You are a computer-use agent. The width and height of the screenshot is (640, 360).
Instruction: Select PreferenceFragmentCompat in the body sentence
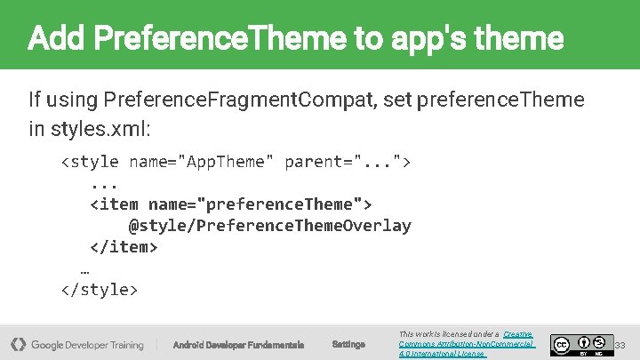(240, 99)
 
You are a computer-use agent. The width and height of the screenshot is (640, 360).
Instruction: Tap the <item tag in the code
(114, 204)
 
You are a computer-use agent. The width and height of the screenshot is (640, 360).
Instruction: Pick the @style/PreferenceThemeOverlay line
(270, 226)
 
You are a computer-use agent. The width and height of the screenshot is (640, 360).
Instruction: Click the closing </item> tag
(124, 247)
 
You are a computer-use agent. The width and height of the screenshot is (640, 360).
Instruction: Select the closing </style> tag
(99, 290)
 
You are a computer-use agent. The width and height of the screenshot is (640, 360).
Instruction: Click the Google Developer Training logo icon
(18, 344)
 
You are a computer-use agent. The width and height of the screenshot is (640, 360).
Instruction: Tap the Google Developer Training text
(87, 344)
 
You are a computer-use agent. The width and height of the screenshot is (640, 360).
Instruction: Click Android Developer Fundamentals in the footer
(238, 344)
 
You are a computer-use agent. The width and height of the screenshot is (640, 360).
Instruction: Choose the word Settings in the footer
(348, 344)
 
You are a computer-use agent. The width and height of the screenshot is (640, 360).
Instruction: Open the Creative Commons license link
(466, 344)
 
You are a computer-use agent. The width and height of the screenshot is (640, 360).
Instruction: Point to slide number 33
(620, 344)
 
